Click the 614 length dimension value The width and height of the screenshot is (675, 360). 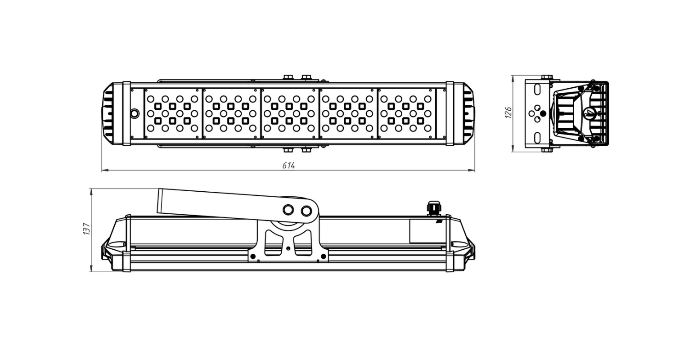pyautogui.click(x=288, y=166)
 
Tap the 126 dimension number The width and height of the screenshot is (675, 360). pyautogui.click(x=508, y=112)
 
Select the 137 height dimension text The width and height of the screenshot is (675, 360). pyautogui.click(x=86, y=229)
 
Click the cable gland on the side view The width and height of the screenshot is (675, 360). pyautogui.click(x=434, y=208)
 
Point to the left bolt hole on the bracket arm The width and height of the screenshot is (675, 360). pyautogui.click(x=288, y=210)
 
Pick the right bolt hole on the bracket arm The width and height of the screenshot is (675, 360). pyautogui.click(x=306, y=211)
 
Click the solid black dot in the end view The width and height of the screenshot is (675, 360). pyautogui.click(x=543, y=113)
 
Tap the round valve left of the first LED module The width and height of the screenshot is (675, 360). pyautogui.click(x=135, y=113)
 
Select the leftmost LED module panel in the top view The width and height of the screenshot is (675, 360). pyautogui.click(x=173, y=113)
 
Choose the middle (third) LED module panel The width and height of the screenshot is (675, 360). pyautogui.click(x=289, y=113)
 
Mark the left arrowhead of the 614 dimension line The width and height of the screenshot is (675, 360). pyautogui.click(x=105, y=171)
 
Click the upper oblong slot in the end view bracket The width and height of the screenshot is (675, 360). pyautogui.click(x=537, y=90)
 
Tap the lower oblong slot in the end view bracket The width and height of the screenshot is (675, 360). pyautogui.click(x=537, y=138)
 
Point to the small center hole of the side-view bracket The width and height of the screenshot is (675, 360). pyautogui.click(x=288, y=248)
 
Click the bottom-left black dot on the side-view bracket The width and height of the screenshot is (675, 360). pyautogui.click(x=253, y=256)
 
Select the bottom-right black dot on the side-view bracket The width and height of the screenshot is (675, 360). pyautogui.click(x=324, y=256)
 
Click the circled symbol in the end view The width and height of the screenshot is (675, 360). pyautogui.click(x=589, y=114)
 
